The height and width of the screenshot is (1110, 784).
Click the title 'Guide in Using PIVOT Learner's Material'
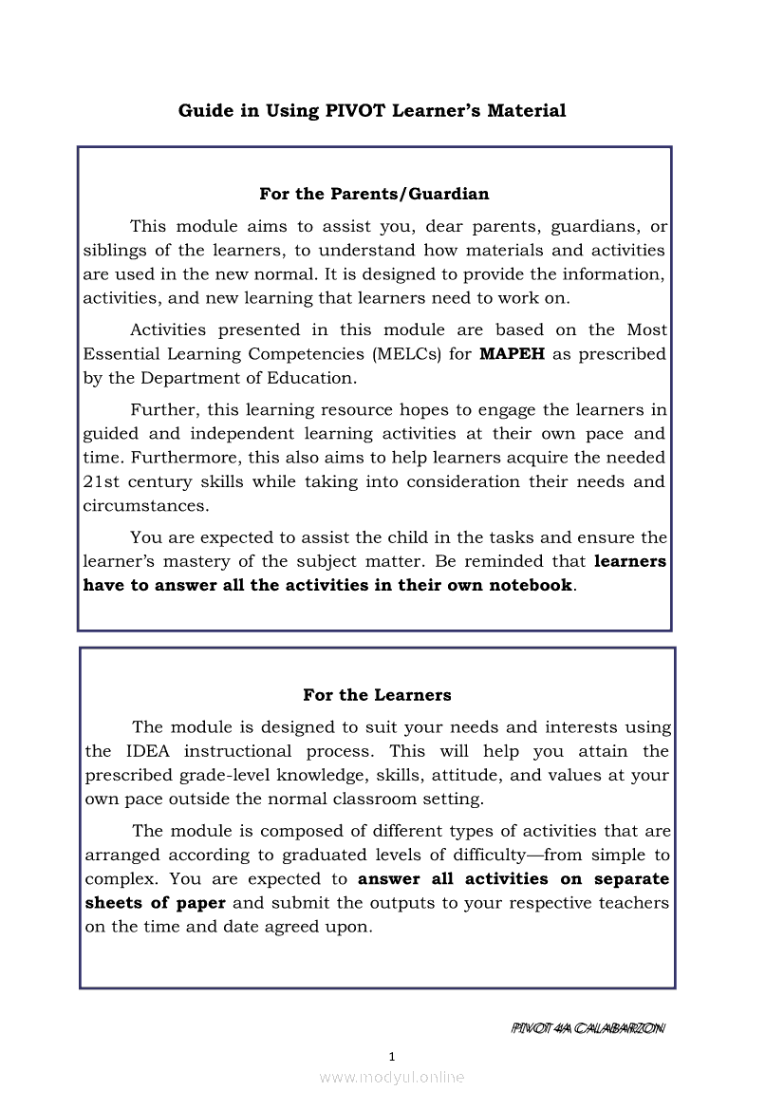[x=372, y=111]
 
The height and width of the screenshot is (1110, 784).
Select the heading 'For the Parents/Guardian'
[x=374, y=194]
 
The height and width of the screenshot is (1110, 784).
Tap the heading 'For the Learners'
[x=377, y=695]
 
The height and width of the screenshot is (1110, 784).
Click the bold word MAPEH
[x=513, y=354]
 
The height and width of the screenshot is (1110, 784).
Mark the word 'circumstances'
[x=144, y=505]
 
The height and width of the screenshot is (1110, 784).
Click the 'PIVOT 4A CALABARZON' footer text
[x=588, y=1028]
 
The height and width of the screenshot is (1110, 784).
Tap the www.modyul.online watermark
[x=392, y=1078]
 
